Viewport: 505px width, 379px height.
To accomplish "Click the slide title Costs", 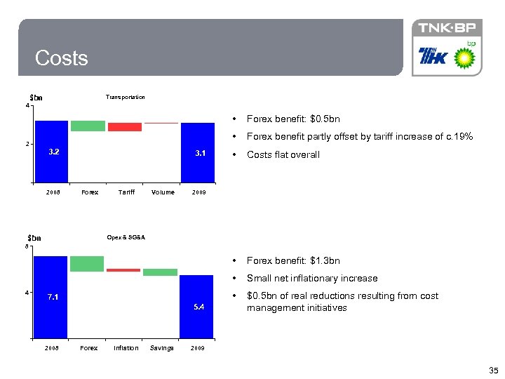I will point(62,58).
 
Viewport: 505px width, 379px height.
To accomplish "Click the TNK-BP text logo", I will point(447,29).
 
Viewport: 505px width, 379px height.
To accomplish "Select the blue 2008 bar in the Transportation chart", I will point(52,151).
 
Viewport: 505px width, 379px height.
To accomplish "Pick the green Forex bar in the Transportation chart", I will point(88,126).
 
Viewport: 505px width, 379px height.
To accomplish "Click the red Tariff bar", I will point(125,127).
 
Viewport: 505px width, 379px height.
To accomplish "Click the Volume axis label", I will point(163,192).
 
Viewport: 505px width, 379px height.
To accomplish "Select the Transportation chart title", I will point(125,97).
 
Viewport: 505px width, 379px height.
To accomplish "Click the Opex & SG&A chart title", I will point(126,237).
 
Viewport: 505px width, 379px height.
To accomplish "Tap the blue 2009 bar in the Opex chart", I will point(196,306).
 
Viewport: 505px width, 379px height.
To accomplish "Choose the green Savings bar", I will point(161,272).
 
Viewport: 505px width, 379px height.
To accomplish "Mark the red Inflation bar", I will point(123,270).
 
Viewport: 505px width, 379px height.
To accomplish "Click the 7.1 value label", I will point(53,297).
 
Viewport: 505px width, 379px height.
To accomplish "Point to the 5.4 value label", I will point(199,307).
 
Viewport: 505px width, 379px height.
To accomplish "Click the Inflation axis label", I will point(126,348).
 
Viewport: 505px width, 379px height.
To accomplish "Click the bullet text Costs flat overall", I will point(283,155).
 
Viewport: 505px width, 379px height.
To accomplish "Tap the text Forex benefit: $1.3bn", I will point(293,260).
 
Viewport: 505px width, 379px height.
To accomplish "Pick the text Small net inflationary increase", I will point(312,278).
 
